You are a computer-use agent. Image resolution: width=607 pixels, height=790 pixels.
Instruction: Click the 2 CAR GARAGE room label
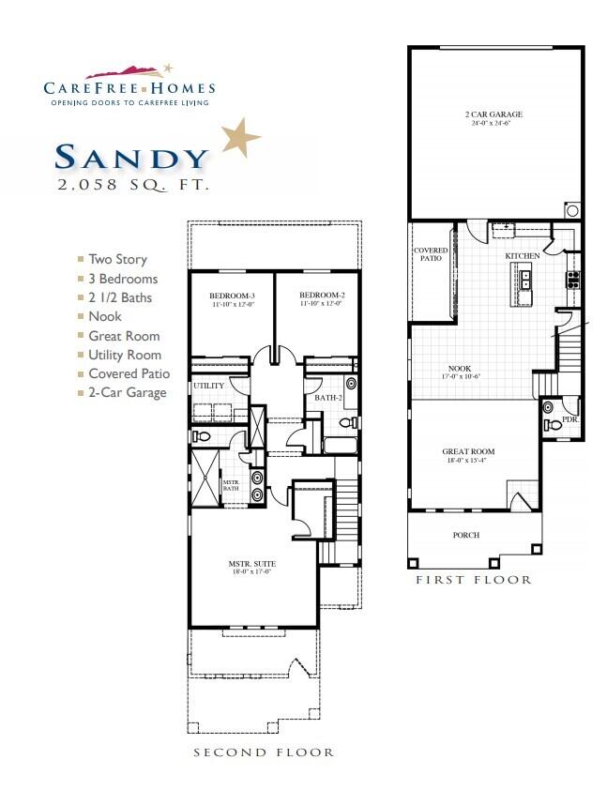pos(493,114)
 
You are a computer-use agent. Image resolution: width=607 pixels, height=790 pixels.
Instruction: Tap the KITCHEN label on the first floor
pos(523,256)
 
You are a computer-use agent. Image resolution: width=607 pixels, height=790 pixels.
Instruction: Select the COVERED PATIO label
pos(431,256)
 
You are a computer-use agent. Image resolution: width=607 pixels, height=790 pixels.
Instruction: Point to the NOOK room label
pos(460,369)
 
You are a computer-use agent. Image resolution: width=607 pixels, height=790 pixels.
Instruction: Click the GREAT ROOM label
pos(468,451)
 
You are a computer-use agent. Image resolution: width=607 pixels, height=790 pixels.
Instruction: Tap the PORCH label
pos(466,535)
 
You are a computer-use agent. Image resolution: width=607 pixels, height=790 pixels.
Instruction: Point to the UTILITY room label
pos(207,386)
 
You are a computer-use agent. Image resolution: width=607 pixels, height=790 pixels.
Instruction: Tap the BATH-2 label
pos(326,398)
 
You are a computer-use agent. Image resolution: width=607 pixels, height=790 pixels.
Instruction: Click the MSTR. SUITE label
pos(250,565)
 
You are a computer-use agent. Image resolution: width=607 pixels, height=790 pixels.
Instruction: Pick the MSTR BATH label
pos(230,485)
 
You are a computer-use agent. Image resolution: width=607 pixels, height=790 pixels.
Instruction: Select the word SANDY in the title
pos(131,157)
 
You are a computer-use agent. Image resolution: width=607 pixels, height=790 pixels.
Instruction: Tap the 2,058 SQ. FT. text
pos(132,186)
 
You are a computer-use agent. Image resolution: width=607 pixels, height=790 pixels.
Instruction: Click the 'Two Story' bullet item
pos(117,259)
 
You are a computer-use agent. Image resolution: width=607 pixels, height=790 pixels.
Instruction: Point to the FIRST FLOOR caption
pos(474,580)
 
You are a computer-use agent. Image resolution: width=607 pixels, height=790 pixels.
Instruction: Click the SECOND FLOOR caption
pos(264,752)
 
